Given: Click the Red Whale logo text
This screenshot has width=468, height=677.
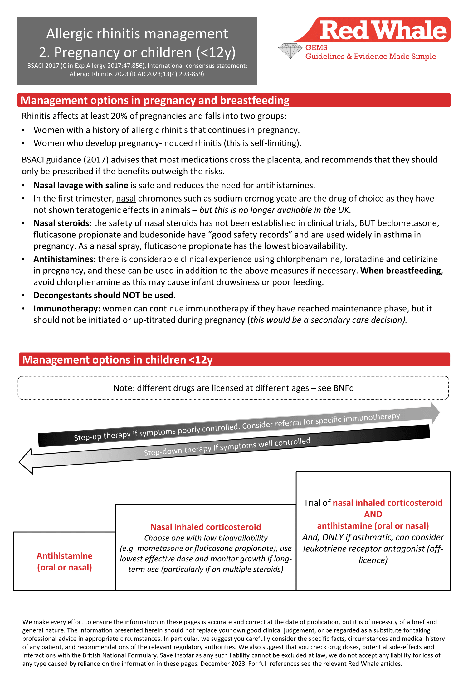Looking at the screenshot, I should click(383, 31).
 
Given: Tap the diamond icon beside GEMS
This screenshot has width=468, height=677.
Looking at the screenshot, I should click(290, 51).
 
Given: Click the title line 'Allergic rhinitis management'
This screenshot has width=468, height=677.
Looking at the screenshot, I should click(137, 34).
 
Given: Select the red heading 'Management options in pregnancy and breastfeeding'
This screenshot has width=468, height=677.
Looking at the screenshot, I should click(155, 100).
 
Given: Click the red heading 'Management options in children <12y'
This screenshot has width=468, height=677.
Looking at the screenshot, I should click(117, 360).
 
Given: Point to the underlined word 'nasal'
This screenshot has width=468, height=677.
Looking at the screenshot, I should click(126, 199).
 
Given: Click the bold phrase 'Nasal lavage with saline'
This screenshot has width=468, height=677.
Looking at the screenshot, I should click(81, 186).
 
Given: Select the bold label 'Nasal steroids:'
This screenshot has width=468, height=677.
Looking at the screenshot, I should click(62, 223).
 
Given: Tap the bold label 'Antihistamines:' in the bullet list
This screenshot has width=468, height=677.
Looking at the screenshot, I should click(65, 259).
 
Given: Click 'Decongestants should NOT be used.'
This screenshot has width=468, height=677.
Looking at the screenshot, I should click(105, 296).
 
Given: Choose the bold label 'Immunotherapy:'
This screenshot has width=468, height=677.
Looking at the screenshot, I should click(67, 309).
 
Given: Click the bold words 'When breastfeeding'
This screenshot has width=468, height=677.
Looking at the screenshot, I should click(401, 271).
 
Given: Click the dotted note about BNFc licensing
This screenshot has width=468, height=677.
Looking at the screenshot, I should click(233, 388).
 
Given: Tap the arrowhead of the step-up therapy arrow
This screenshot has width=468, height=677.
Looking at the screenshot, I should click(435, 413).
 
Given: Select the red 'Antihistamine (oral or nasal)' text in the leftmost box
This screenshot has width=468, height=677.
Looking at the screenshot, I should click(65, 561).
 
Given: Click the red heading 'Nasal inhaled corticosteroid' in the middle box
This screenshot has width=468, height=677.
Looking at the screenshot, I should click(206, 527).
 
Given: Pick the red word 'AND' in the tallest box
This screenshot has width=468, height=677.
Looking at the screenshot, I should click(373, 514).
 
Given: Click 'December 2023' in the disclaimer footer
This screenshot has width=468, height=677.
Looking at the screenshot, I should click(223, 664).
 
